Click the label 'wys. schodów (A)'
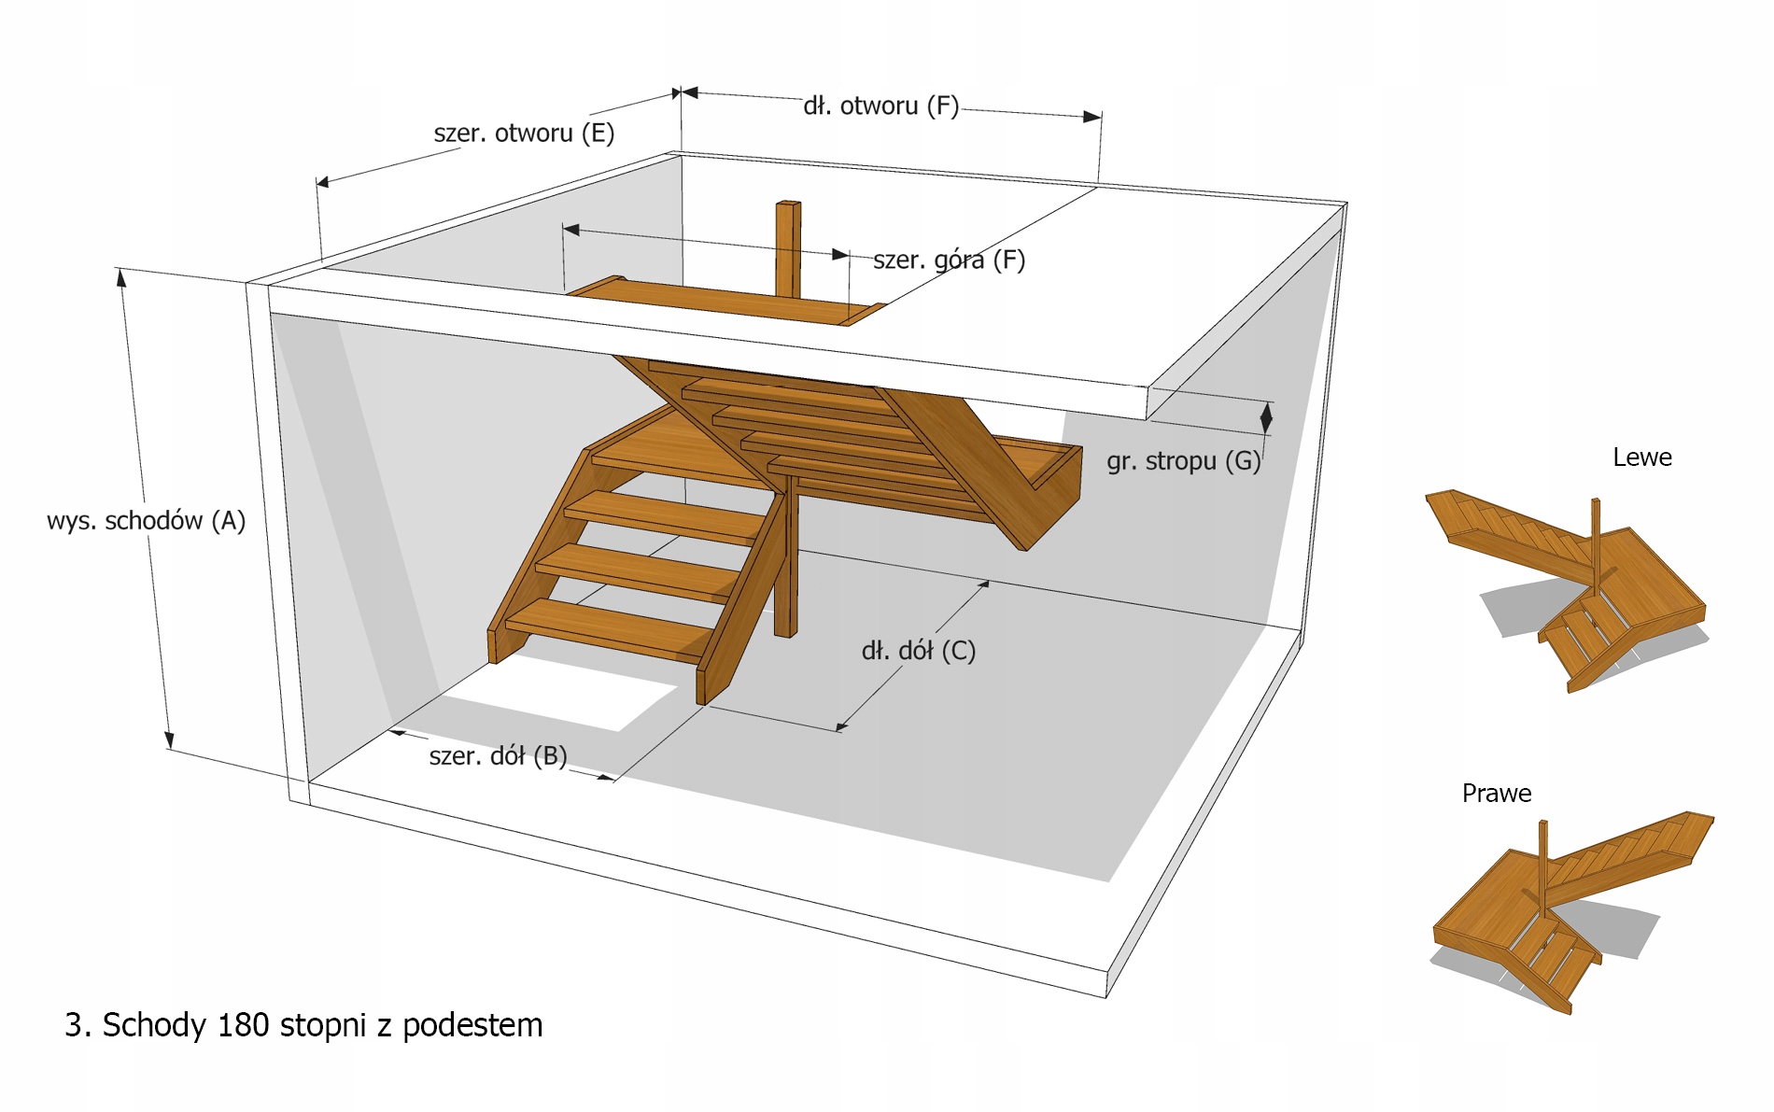pos(146,520)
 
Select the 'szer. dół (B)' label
pos(498,755)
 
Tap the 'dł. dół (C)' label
pos(918,650)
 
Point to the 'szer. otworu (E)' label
pos(524,133)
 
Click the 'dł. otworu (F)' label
pos(880,106)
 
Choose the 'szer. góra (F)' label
pos(949,260)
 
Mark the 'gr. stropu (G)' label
pos(1183,460)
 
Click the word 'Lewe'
pos(1641,457)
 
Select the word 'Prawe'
pos(1496,793)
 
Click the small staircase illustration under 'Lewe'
pos(1569,588)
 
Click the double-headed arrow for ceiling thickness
pos(1266,418)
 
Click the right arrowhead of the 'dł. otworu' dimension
pos(1091,117)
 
